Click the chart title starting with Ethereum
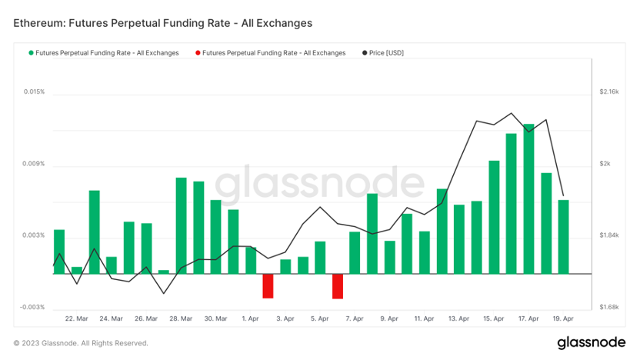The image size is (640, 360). (x=163, y=23)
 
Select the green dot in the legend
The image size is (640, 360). (x=31, y=53)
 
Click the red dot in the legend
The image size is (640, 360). (x=198, y=53)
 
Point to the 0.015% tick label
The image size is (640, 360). (x=34, y=92)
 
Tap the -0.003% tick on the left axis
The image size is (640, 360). (x=33, y=307)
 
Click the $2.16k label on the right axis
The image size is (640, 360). (x=608, y=92)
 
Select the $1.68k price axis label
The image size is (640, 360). (x=608, y=307)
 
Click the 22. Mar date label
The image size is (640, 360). (x=76, y=318)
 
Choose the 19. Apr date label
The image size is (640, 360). (x=563, y=318)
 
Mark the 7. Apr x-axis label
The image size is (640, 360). (x=355, y=318)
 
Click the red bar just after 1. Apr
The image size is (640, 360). (x=268, y=285)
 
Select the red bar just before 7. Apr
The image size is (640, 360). (x=338, y=285)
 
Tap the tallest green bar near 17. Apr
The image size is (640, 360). (x=528, y=198)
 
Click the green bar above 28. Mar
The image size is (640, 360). (x=181, y=225)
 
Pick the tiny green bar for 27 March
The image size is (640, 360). (x=163, y=272)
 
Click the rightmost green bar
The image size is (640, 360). (x=563, y=236)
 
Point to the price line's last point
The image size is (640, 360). (x=563, y=195)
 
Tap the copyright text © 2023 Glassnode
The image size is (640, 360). (x=81, y=343)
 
